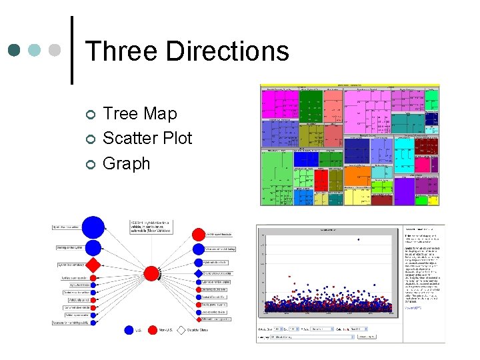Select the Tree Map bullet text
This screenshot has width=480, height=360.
tap(140, 114)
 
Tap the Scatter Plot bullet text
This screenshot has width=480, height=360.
tap(147, 139)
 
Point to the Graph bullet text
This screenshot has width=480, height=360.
tap(127, 163)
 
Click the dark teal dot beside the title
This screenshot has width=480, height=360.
tap(15, 51)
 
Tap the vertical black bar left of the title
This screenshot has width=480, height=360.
tap(72, 50)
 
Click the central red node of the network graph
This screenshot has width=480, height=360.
tap(151, 273)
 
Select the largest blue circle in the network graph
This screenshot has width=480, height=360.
tap(93, 227)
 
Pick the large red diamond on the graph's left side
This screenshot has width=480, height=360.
tap(93, 265)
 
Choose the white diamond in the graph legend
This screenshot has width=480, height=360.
tap(180, 330)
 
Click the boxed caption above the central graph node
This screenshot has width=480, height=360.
tap(151, 227)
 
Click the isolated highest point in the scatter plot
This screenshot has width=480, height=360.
tap(359, 239)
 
